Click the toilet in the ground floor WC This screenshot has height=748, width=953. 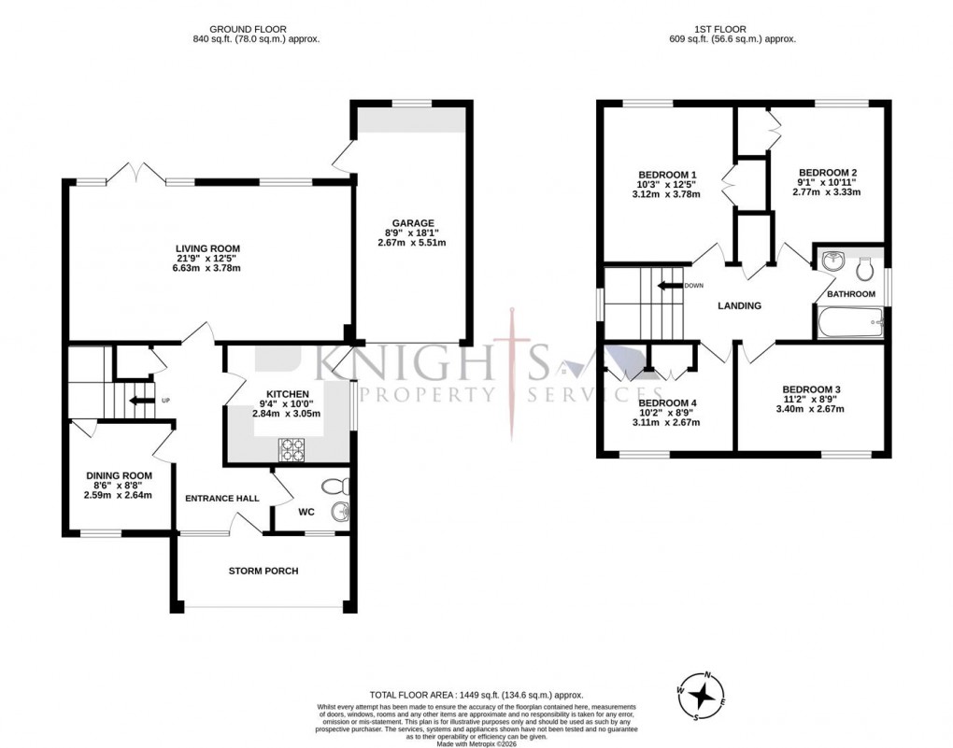pos(334,486)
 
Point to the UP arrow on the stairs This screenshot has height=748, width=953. pos(140,401)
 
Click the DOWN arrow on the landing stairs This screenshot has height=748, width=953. pos(669,286)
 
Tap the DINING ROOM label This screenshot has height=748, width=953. pos(119,474)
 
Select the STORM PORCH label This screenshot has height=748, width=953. pos(263,571)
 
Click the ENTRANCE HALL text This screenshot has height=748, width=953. pos(221,499)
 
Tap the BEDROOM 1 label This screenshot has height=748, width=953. pos(667,175)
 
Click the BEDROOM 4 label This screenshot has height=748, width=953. pos(667,403)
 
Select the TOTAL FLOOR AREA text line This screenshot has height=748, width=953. pos(476,695)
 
